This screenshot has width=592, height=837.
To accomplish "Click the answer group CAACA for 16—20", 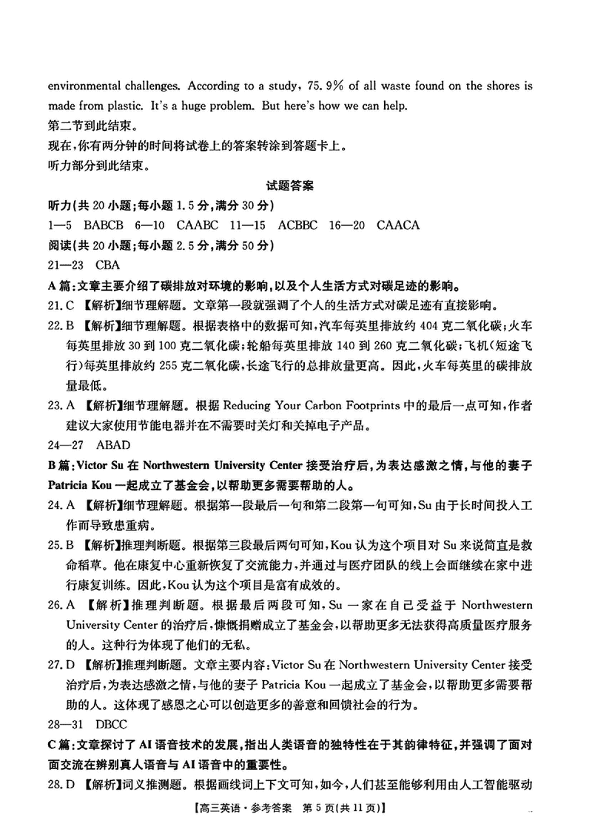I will tap(398, 225).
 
